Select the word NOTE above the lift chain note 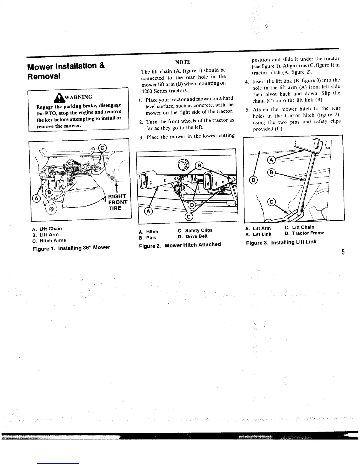pyautogui.click(x=183, y=62)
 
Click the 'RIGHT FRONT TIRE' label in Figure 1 pyautogui.click(x=117, y=202)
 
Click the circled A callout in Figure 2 pyautogui.click(x=148, y=211)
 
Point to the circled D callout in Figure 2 pyautogui.click(x=191, y=204)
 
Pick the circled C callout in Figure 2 pyautogui.click(x=188, y=217)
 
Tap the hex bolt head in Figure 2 pyautogui.click(x=181, y=162)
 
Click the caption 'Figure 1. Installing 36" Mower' pyautogui.click(x=71, y=248)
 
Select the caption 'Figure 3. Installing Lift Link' pyautogui.click(x=281, y=242)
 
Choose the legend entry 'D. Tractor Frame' pyautogui.click(x=304, y=233)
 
